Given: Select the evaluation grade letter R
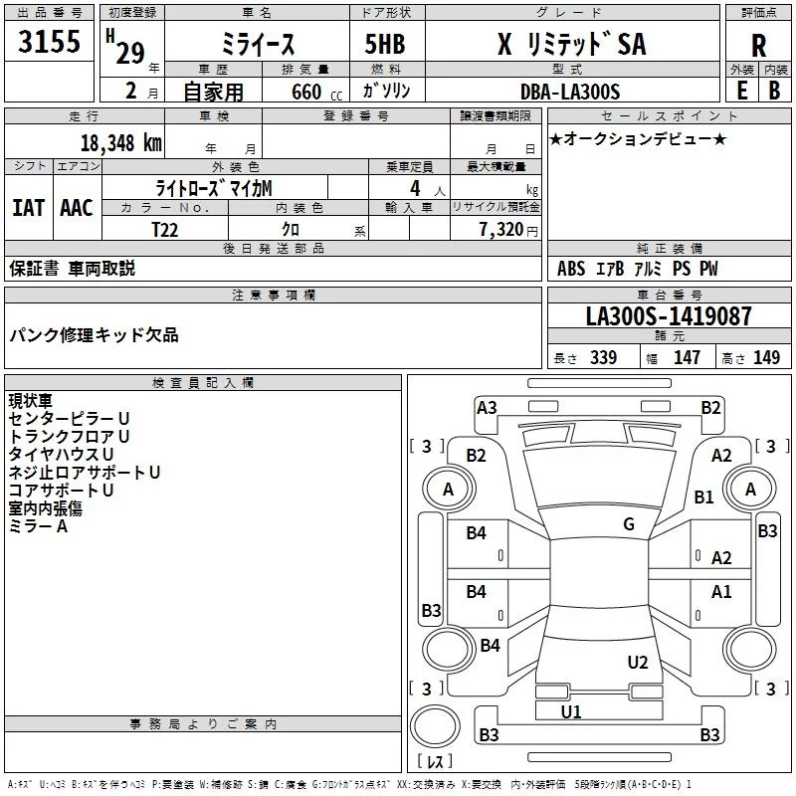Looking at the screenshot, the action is coord(758,45).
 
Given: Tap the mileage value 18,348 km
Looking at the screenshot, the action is coord(121,142).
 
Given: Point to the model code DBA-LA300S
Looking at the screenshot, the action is coord(570,92).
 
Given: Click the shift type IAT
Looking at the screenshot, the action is coord(28,207).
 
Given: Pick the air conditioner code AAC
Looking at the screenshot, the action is coord(77,207).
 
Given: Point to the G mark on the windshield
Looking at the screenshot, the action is coord(629,524).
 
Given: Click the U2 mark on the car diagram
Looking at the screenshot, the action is coord(638,662).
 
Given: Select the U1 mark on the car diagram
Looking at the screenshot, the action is coord(571,711).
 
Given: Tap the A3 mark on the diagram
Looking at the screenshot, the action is coord(487,407).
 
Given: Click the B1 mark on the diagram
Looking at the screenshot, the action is coord(704,497).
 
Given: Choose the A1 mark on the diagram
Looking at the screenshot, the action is coord(721,592).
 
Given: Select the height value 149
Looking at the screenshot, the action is coord(766,358).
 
